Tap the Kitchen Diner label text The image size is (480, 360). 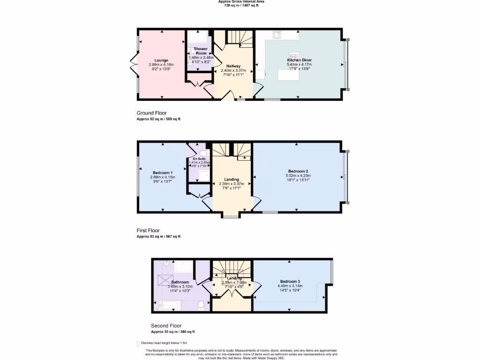click(300, 60)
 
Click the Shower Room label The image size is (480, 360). click(201, 51)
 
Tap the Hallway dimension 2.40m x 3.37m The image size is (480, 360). click(233, 71)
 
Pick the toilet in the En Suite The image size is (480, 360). click(203, 152)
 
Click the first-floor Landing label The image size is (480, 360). click(232, 180)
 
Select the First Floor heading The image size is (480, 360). click(148, 230)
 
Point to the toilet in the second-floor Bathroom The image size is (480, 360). click(201, 306)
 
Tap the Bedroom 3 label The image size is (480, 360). click(290, 281)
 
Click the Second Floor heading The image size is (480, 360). click(166, 325)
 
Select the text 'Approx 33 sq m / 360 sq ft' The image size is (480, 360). click(172, 331)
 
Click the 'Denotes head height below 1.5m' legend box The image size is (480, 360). click(138, 344)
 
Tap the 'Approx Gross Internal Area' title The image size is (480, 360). click(241, 1)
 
